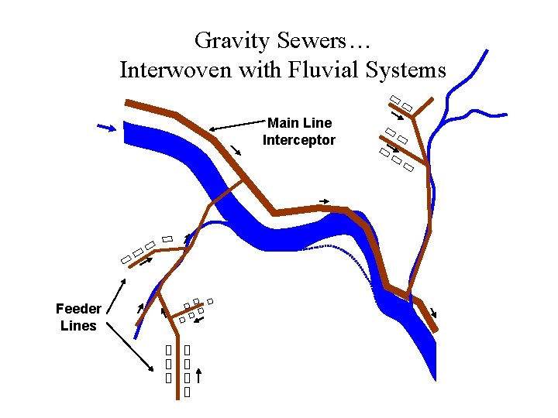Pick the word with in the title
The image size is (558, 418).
(260, 70)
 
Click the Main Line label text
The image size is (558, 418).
(299, 123)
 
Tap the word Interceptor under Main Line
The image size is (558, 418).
(299, 140)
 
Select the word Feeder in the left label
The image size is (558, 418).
(78, 309)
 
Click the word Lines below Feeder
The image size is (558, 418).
(78, 326)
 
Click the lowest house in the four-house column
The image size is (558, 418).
(187, 392)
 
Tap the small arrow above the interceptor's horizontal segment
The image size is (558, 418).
(325, 202)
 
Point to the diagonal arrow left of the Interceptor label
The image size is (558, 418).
(235, 149)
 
